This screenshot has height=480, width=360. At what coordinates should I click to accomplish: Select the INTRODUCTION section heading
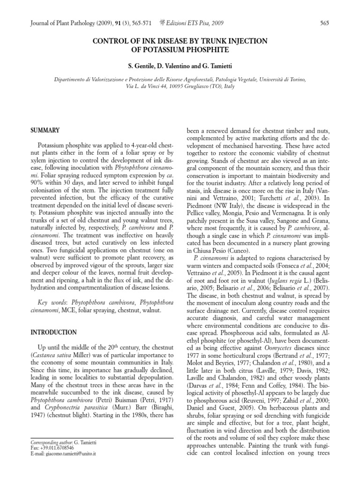point(54,332)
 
